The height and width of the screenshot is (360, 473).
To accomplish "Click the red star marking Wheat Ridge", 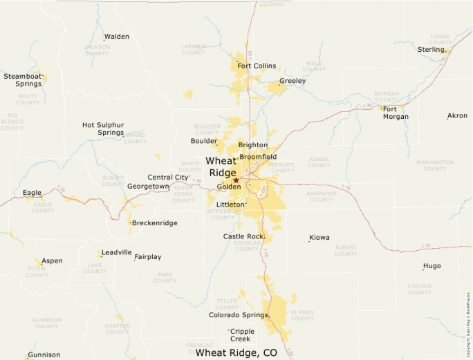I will [x=236, y=180].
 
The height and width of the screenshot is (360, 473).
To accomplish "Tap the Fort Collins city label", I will [x=257, y=66].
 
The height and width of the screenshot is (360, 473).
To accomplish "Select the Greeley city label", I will [x=293, y=81].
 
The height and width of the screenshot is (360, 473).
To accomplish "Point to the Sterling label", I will [x=431, y=50].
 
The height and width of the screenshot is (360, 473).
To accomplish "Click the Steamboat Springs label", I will [x=23, y=79].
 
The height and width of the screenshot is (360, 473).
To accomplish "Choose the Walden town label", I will [x=116, y=37].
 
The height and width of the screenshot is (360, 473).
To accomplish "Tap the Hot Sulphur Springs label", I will [x=103, y=129].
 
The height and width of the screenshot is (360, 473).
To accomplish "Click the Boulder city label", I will [x=204, y=141].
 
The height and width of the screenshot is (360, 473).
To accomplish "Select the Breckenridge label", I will [x=154, y=223].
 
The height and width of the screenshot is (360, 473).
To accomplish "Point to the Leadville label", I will [x=116, y=252].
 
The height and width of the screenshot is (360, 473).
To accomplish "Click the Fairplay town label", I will [x=147, y=257].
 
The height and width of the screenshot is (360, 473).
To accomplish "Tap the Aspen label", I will [x=52, y=261].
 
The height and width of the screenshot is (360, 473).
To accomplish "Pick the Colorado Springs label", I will [x=238, y=315].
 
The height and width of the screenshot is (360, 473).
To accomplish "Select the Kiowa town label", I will [x=319, y=238].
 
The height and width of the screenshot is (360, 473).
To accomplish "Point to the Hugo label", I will [x=432, y=265].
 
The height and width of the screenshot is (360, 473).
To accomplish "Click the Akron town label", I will [x=457, y=115].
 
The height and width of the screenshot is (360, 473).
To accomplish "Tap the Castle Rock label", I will [x=243, y=236].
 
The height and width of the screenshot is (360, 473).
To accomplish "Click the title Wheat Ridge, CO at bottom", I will [x=236, y=352].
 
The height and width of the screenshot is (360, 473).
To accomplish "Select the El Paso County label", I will [x=302, y=315].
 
